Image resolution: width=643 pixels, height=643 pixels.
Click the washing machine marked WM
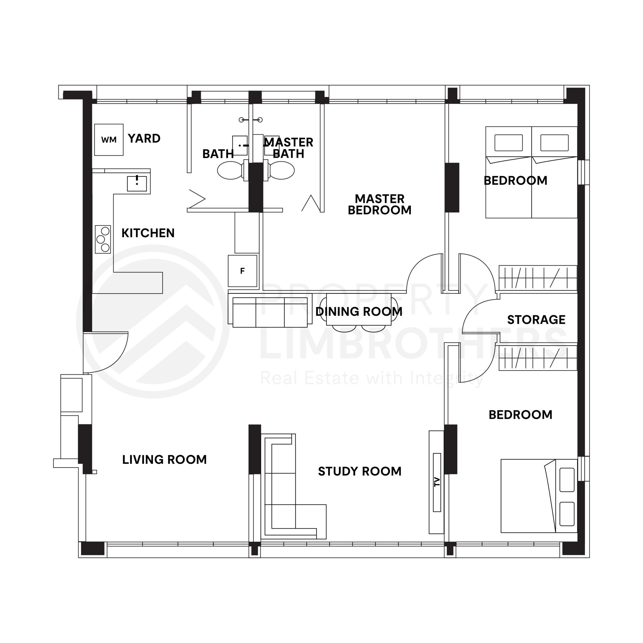pyautogui.click(x=109, y=140)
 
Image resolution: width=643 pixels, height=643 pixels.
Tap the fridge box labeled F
pyautogui.click(x=242, y=271)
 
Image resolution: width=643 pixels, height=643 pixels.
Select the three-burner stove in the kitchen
pyautogui.click(x=103, y=239)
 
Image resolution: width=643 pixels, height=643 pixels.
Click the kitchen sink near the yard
pyautogui.click(x=137, y=184)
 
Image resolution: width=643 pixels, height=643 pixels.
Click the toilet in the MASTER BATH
pyautogui.click(x=282, y=170)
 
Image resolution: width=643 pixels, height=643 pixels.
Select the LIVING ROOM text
pyautogui.click(x=165, y=460)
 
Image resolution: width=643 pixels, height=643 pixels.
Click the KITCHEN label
pyautogui.click(x=148, y=233)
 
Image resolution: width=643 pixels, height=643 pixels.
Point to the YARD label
pyautogui.click(x=144, y=138)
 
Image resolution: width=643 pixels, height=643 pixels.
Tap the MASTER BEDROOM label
pyautogui.click(x=380, y=204)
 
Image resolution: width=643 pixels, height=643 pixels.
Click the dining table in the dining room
pyautogui.click(x=359, y=309)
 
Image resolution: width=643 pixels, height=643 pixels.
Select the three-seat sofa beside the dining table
pyautogui.click(x=270, y=312)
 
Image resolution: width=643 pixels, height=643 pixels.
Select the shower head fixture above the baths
pyautogui.click(x=251, y=120)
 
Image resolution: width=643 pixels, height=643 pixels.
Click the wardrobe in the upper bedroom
pyautogui.click(x=538, y=278)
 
